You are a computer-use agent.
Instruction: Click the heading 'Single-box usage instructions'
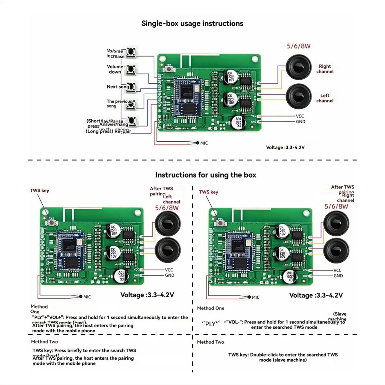[x=192, y=23]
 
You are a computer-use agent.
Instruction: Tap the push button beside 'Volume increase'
[x=130, y=52]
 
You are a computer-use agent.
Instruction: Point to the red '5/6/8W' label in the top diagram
[x=298, y=46]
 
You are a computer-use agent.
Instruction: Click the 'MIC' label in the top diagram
[x=204, y=143]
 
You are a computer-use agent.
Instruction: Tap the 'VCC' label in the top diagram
[x=300, y=116]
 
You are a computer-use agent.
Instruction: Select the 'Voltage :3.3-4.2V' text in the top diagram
[x=285, y=148]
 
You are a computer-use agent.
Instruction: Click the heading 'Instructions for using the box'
[x=206, y=175]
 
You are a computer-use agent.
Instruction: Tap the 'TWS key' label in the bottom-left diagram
[x=39, y=191]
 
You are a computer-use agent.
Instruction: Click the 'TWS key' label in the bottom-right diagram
[x=208, y=192]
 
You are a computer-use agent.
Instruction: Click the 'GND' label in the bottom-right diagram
[x=338, y=276]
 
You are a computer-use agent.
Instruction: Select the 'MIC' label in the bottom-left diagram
[x=87, y=297]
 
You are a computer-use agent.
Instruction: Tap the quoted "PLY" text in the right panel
[x=210, y=324]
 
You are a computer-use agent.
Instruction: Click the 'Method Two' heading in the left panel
[x=45, y=342]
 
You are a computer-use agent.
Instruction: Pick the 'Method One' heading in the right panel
[x=210, y=308]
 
